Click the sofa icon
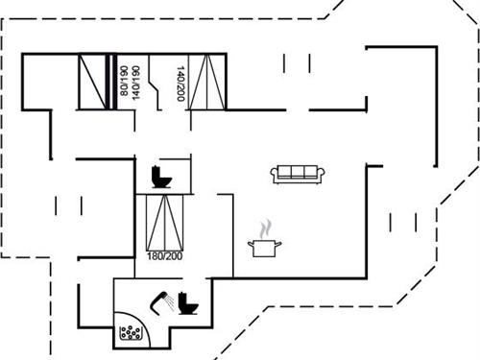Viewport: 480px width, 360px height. (300, 173)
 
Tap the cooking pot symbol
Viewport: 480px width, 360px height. (266, 248)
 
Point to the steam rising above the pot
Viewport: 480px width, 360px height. (266, 228)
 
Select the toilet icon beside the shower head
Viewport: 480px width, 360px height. (188, 303)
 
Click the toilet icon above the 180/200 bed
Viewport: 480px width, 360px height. (160, 178)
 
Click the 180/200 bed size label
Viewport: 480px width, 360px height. (165, 256)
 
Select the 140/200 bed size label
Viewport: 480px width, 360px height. (180, 84)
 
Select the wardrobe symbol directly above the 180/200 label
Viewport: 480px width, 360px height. (163, 222)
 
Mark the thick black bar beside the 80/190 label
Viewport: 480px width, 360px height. (112, 82)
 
